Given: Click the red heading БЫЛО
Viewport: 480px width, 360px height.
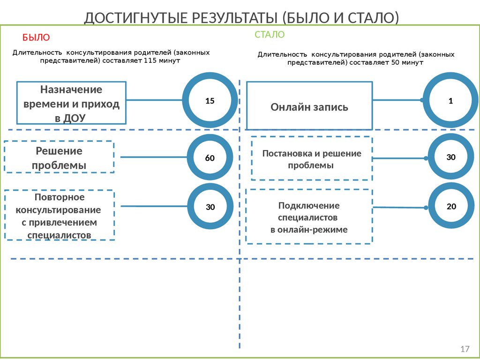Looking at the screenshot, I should [x=36, y=37].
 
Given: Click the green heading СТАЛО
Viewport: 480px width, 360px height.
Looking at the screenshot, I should [x=270, y=35].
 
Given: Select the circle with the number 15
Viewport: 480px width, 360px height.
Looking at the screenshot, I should [x=210, y=100].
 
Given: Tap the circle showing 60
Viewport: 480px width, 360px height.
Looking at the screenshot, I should [x=210, y=158].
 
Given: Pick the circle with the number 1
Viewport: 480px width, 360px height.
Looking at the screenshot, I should [x=450, y=100].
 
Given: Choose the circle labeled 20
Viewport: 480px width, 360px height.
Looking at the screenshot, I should [x=451, y=206].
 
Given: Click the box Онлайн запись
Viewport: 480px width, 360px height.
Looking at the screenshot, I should [x=309, y=106].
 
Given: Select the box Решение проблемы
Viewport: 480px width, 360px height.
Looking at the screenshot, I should [x=59, y=158].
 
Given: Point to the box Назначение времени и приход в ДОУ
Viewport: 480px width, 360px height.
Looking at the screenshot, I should [x=71, y=103].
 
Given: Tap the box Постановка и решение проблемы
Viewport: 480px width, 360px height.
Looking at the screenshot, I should [x=312, y=159].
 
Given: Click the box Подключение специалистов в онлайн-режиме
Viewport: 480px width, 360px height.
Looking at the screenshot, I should [x=309, y=217].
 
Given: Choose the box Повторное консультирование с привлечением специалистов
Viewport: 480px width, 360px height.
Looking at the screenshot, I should [x=59, y=215].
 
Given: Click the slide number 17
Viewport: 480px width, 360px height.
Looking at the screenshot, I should [x=465, y=349].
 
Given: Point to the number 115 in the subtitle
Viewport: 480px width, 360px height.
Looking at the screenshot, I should [x=151, y=61].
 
